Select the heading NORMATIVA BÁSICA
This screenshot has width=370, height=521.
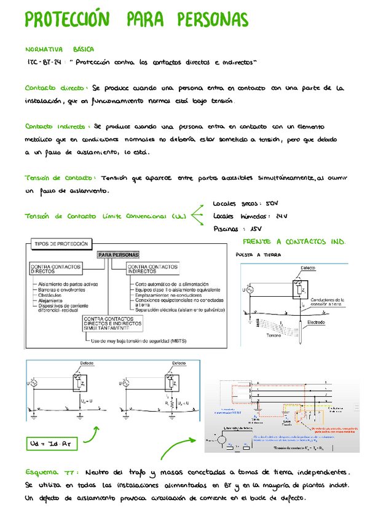click(60, 49)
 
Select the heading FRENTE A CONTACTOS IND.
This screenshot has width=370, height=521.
click(294, 242)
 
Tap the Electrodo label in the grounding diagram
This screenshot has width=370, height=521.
click(316, 321)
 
